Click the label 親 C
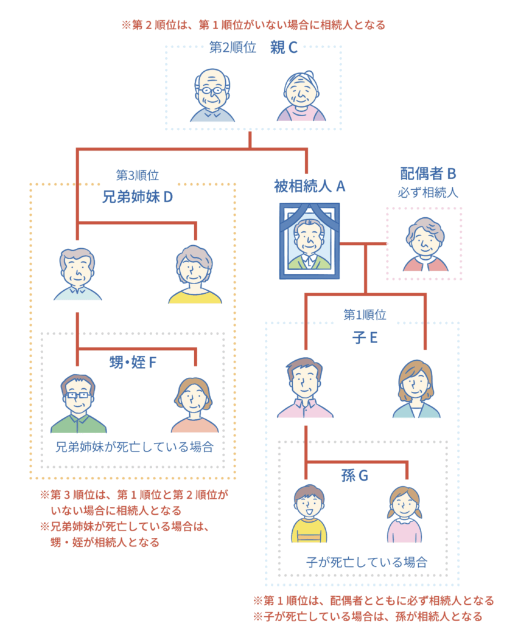point(284,47)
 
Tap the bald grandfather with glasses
point(212,95)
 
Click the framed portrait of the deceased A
point(309,241)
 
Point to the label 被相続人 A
point(309,186)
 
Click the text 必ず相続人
point(428,193)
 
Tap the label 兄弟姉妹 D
point(138,197)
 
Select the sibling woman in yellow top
point(195,274)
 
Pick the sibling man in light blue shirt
point(78,274)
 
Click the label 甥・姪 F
point(133,363)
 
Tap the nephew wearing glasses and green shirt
point(79,403)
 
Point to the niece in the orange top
point(194,405)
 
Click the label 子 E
point(365,338)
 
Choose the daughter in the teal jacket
point(416,389)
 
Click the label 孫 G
point(355,475)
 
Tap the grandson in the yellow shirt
point(309,513)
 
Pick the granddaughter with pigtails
point(404,514)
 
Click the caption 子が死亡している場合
point(366,562)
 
